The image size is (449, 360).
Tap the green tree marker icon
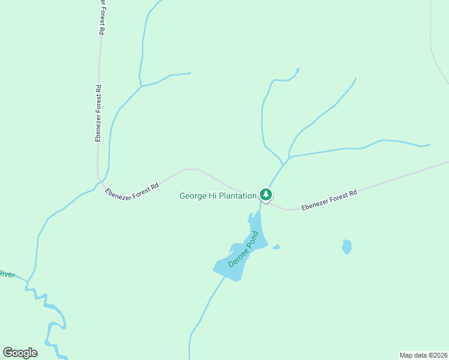click(266, 194)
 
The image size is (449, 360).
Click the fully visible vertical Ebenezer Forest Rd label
click(98, 113)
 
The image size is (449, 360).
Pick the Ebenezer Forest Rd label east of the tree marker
click(329, 200)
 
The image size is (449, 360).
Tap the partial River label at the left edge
click(7, 274)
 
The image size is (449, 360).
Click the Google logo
click(20, 353)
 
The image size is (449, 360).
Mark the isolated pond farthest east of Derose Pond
click(346, 246)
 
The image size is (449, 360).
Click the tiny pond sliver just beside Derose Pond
click(276, 247)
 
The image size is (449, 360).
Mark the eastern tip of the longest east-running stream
click(429, 145)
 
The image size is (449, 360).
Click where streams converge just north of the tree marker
click(284, 164)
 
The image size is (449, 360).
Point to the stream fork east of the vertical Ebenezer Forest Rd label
click(141, 87)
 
